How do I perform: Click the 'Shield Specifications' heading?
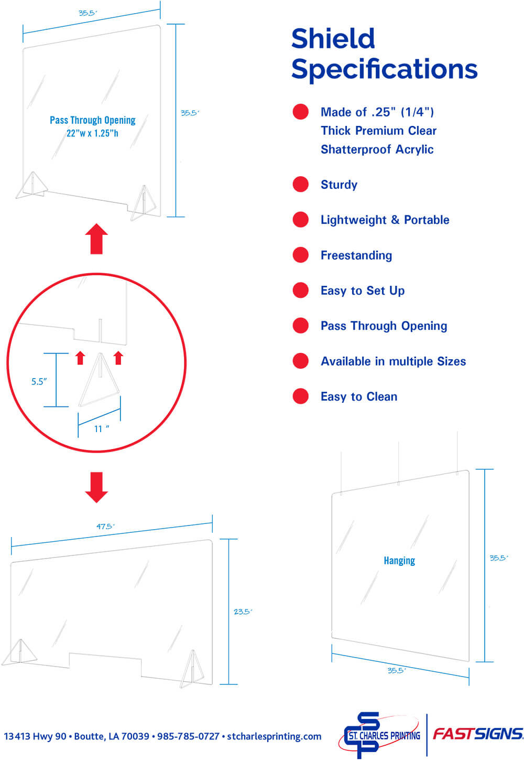[384, 54]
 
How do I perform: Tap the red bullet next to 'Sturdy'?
[300, 184]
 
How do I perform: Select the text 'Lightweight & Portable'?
[385, 220]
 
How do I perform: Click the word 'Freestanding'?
[356, 255]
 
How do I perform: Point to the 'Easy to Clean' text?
[358, 396]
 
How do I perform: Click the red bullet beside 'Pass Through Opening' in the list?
[300, 326]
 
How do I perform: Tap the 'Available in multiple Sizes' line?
[393, 361]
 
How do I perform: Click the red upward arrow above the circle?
[96, 239]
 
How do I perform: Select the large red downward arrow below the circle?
[96, 487]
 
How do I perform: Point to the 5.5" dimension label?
[39, 381]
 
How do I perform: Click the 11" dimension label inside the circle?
[101, 429]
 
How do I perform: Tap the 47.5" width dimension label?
[105, 526]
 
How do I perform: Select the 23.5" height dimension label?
[243, 611]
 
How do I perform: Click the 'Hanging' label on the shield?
[399, 561]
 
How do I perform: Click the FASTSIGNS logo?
[477, 734]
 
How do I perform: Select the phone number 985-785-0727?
[188, 736]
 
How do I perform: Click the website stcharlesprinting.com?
[274, 736]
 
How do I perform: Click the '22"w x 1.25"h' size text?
[92, 133]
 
